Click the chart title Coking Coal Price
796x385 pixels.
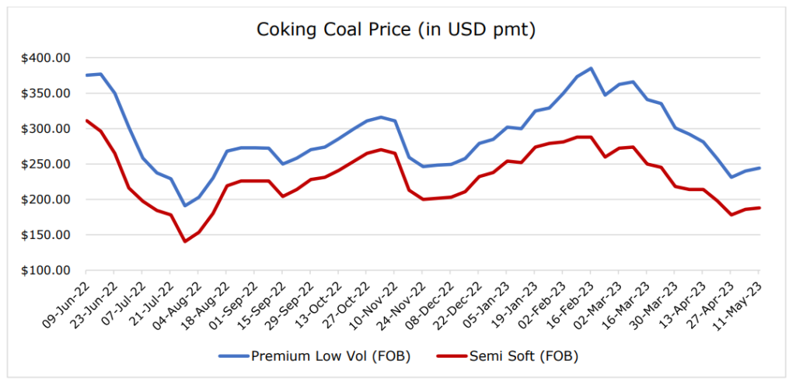(x=398, y=30)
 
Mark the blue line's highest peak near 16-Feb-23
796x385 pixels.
(x=591, y=68)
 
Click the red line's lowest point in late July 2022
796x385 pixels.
(x=184, y=241)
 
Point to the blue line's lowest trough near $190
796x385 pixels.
(x=184, y=206)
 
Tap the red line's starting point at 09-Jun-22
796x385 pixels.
(x=86, y=120)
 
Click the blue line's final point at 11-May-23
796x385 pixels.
(x=759, y=168)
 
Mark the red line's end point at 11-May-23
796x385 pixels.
(x=759, y=208)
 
